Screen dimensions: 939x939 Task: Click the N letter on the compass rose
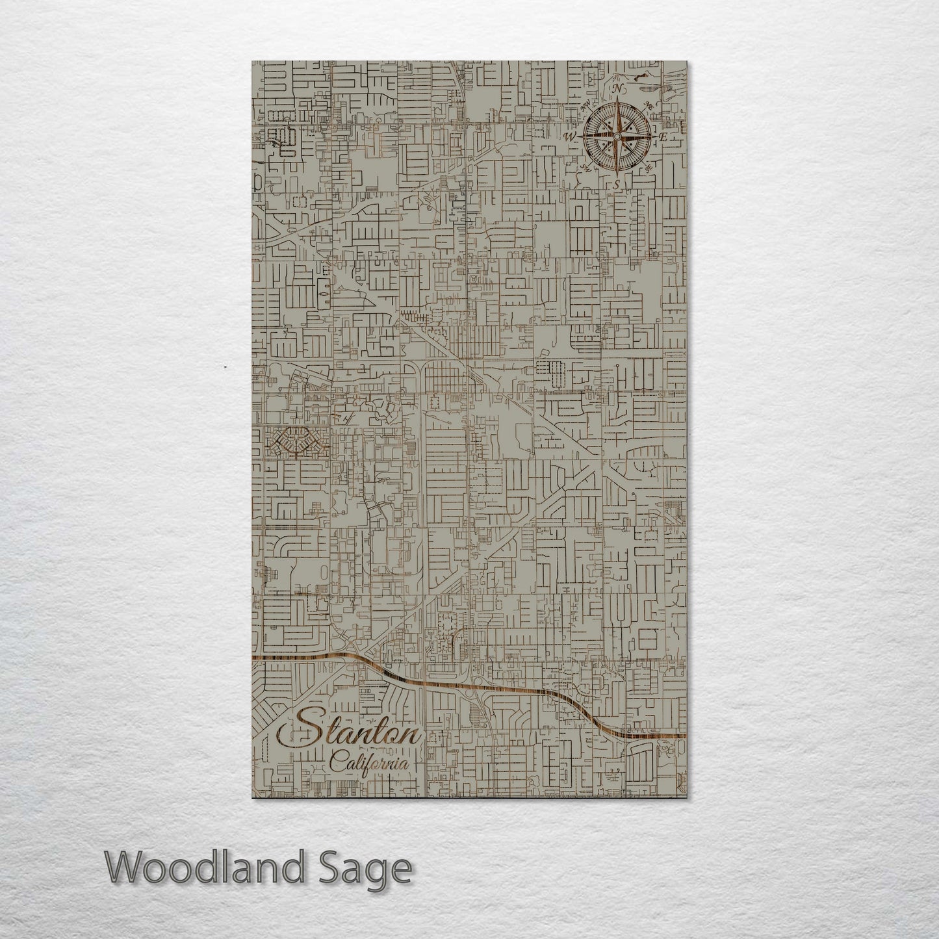[619, 88]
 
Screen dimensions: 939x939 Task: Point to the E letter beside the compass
[663, 137]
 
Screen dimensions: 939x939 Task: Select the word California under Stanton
[371, 764]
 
